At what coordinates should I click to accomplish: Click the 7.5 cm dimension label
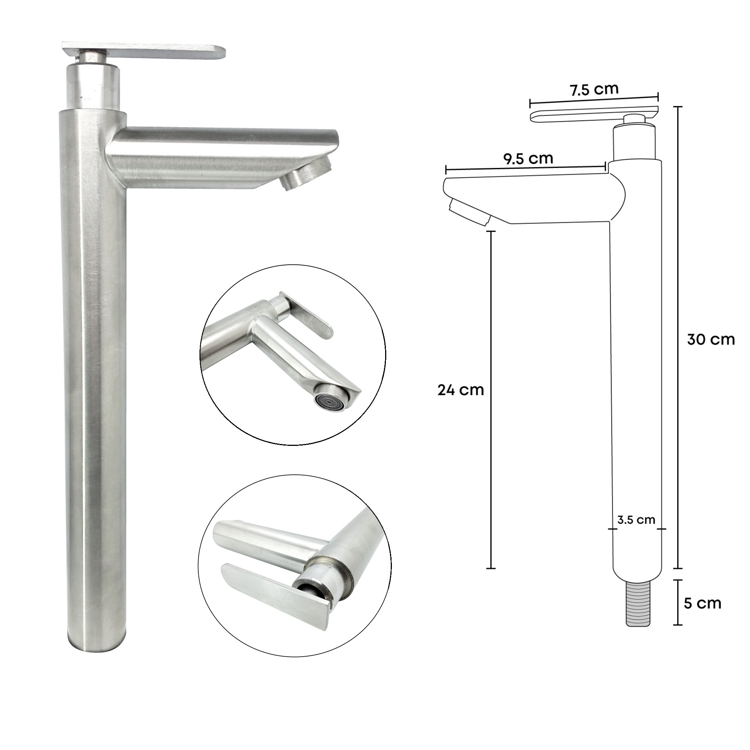pos(594,90)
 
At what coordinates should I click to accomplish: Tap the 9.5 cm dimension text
pos(528,159)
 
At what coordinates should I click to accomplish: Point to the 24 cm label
pos(460,390)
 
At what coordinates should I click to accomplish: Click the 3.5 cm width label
pos(636,520)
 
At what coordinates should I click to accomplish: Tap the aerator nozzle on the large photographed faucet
pos(307,175)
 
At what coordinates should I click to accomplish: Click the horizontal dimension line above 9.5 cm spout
pos(525,168)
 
